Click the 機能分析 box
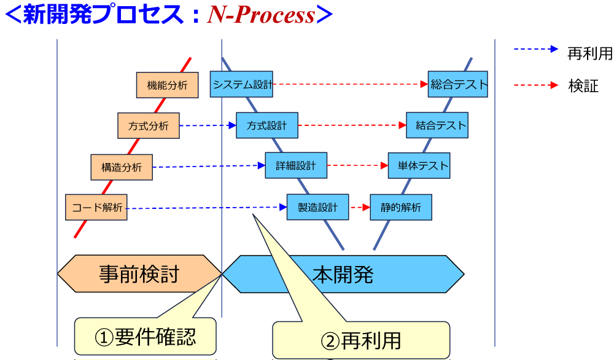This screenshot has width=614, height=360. click(168, 85)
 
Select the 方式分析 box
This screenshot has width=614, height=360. click(148, 127)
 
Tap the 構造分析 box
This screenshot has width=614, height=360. click(122, 167)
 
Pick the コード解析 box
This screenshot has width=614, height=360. click(96, 208)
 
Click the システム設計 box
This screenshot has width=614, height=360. click(241, 84)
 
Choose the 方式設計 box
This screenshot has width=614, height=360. click(267, 125)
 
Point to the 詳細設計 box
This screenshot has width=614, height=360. click(296, 166)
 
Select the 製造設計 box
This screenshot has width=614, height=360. click(317, 207)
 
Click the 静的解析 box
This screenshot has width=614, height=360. click(401, 208)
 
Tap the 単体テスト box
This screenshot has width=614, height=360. click(419, 166)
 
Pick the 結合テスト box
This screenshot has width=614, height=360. click(437, 125)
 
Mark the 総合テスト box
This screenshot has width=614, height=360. click(458, 84)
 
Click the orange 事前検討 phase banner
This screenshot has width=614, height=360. click(139, 273)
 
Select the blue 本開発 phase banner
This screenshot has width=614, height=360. click(343, 273)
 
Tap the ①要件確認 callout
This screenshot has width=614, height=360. click(146, 336)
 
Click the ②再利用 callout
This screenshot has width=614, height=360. click(361, 340)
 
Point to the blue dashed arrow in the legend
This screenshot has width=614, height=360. click(535, 50)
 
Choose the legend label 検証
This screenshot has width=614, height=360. click(583, 86)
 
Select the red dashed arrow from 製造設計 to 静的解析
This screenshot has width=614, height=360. click(359, 208)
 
